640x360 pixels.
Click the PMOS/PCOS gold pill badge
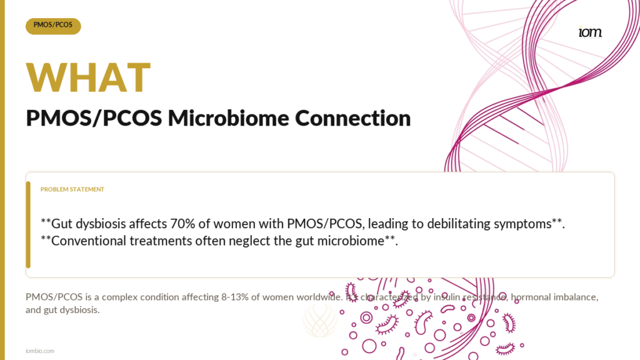[53, 26]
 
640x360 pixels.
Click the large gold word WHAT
[89, 77]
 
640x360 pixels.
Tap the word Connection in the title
[352, 118]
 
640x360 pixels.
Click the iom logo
[590, 32]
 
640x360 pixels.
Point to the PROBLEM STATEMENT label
[72, 189]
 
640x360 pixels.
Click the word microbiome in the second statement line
[351, 241]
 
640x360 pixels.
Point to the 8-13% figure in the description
[235, 297]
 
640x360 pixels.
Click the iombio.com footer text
[39, 351]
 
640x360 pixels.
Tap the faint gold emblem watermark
[321, 321]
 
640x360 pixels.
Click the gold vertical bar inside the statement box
[28, 225]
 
